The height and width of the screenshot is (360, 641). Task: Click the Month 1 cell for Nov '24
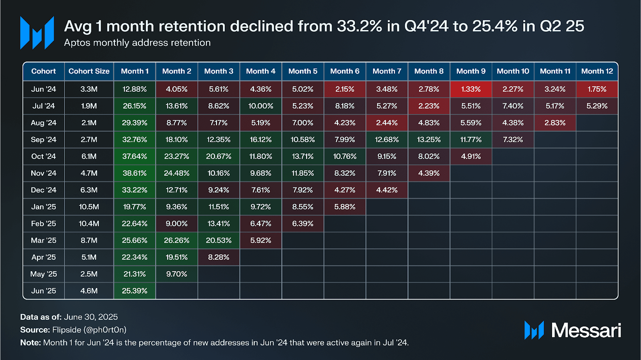point(135,173)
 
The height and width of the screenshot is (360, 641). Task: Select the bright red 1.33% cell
point(471,89)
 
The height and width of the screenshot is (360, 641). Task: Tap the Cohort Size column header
point(89,71)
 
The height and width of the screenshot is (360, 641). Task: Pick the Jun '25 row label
point(44,291)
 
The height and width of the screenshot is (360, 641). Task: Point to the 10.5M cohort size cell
point(89,207)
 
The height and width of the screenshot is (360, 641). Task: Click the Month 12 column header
point(597,71)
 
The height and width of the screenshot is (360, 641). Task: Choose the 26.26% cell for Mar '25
point(177,241)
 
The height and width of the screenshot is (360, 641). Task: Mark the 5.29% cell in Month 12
point(597,106)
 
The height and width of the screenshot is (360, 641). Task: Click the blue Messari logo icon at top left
point(37,33)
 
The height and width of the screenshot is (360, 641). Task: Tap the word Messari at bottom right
point(586,330)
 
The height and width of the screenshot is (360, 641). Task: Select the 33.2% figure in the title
point(359,26)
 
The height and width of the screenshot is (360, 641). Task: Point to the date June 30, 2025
point(91,317)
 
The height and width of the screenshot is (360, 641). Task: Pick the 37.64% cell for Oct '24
point(135,157)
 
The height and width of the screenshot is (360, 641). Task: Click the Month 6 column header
point(345,71)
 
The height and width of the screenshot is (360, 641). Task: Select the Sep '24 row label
point(44,140)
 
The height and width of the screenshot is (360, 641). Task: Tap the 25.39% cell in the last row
point(135,291)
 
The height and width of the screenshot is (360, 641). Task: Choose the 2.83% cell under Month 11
point(555,123)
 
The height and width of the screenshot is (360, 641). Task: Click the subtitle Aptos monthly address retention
point(137,43)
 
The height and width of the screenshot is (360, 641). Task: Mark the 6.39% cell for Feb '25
point(302,224)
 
